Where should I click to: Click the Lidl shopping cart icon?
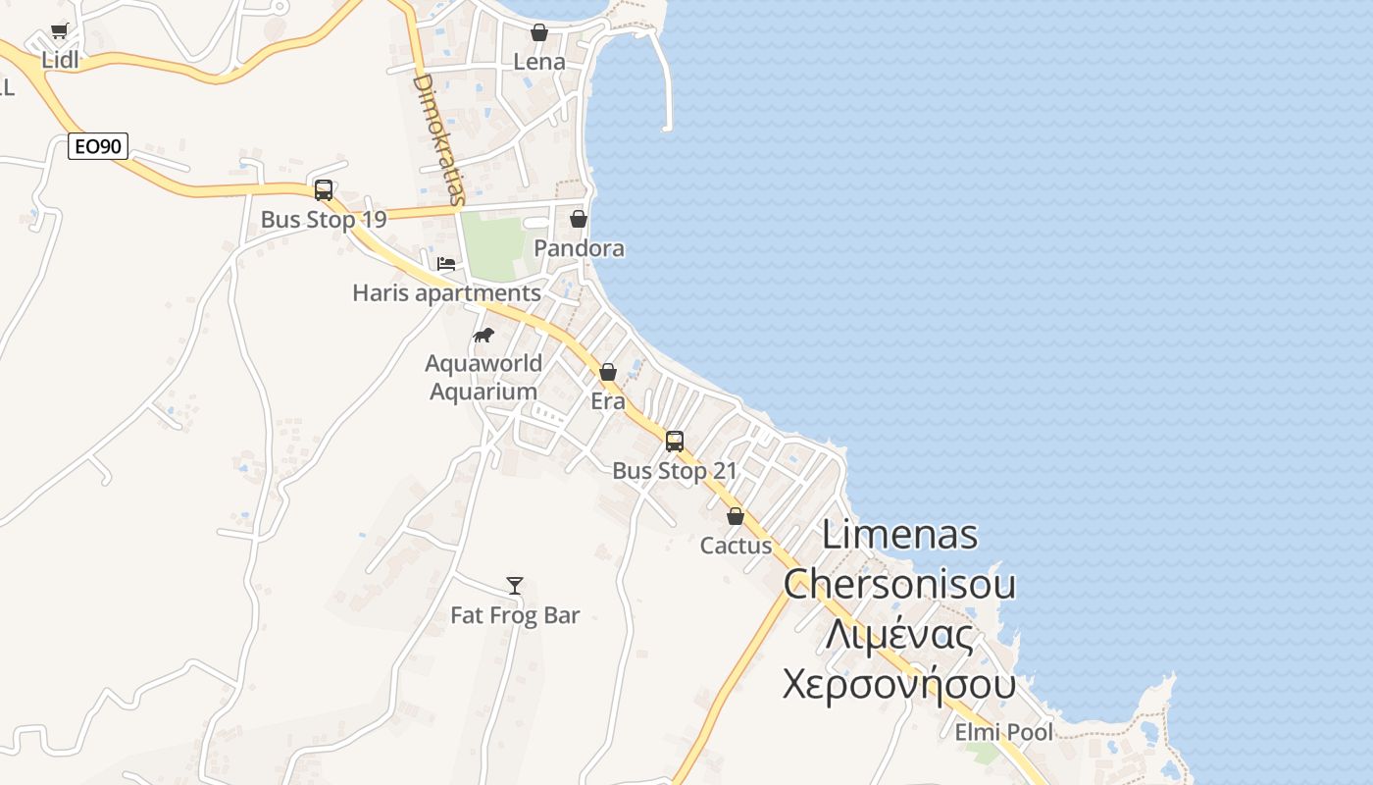[x=59, y=31]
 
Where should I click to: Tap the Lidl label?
[x=60, y=60]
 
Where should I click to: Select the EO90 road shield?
[x=98, y=147]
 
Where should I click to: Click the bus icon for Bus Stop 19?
[x=323, y=190]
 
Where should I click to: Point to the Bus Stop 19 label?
[x=324, y=219]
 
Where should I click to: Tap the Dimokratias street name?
[x=438, y=138]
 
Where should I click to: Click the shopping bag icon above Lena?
[x=538, y=32]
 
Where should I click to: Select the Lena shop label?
[x=539, y=62]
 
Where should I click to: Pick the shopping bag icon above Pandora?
[x=579, y=219]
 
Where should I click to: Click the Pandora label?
[x=579, y=248]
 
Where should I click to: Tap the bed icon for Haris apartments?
[x=446, y=264]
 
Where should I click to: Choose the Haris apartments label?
[x=446, y=292]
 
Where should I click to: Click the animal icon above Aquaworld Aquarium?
[x=483, y=336]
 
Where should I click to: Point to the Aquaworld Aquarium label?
[x=483, y=377]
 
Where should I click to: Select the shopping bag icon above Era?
[x=608, y=372]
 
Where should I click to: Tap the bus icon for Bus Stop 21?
[x=675, y=442]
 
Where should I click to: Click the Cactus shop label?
[x=736, y=546]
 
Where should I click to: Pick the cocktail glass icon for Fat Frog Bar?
[x=515, y=586]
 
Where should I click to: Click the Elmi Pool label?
[x=1004, y=732]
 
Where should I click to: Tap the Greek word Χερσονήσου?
[x=898, y=684]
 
